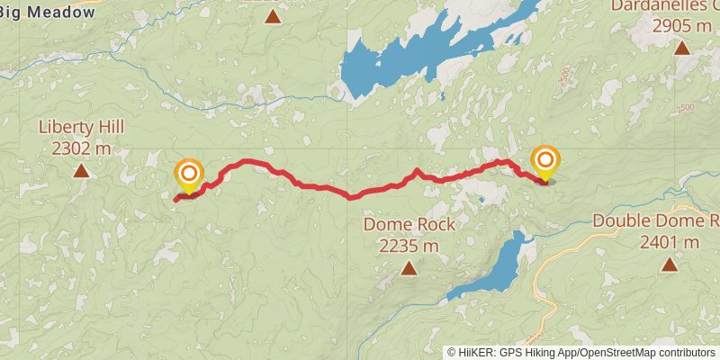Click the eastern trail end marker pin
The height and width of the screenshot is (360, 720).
click(545, 162)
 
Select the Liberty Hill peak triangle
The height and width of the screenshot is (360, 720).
click(81, 170)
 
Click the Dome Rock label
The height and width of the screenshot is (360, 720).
click(409, 224)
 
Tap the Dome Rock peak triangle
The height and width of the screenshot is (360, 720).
click(409, 267)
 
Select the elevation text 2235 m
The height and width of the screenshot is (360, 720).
click(409, 245)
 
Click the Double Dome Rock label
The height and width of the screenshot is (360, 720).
click(656, 221)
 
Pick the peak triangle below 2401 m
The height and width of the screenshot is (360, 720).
click(669, 264)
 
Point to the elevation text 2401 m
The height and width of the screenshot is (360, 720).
click(670, 242)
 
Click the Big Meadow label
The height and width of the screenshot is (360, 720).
click(49, 12)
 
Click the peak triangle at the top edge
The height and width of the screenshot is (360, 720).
click(272, 17)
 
